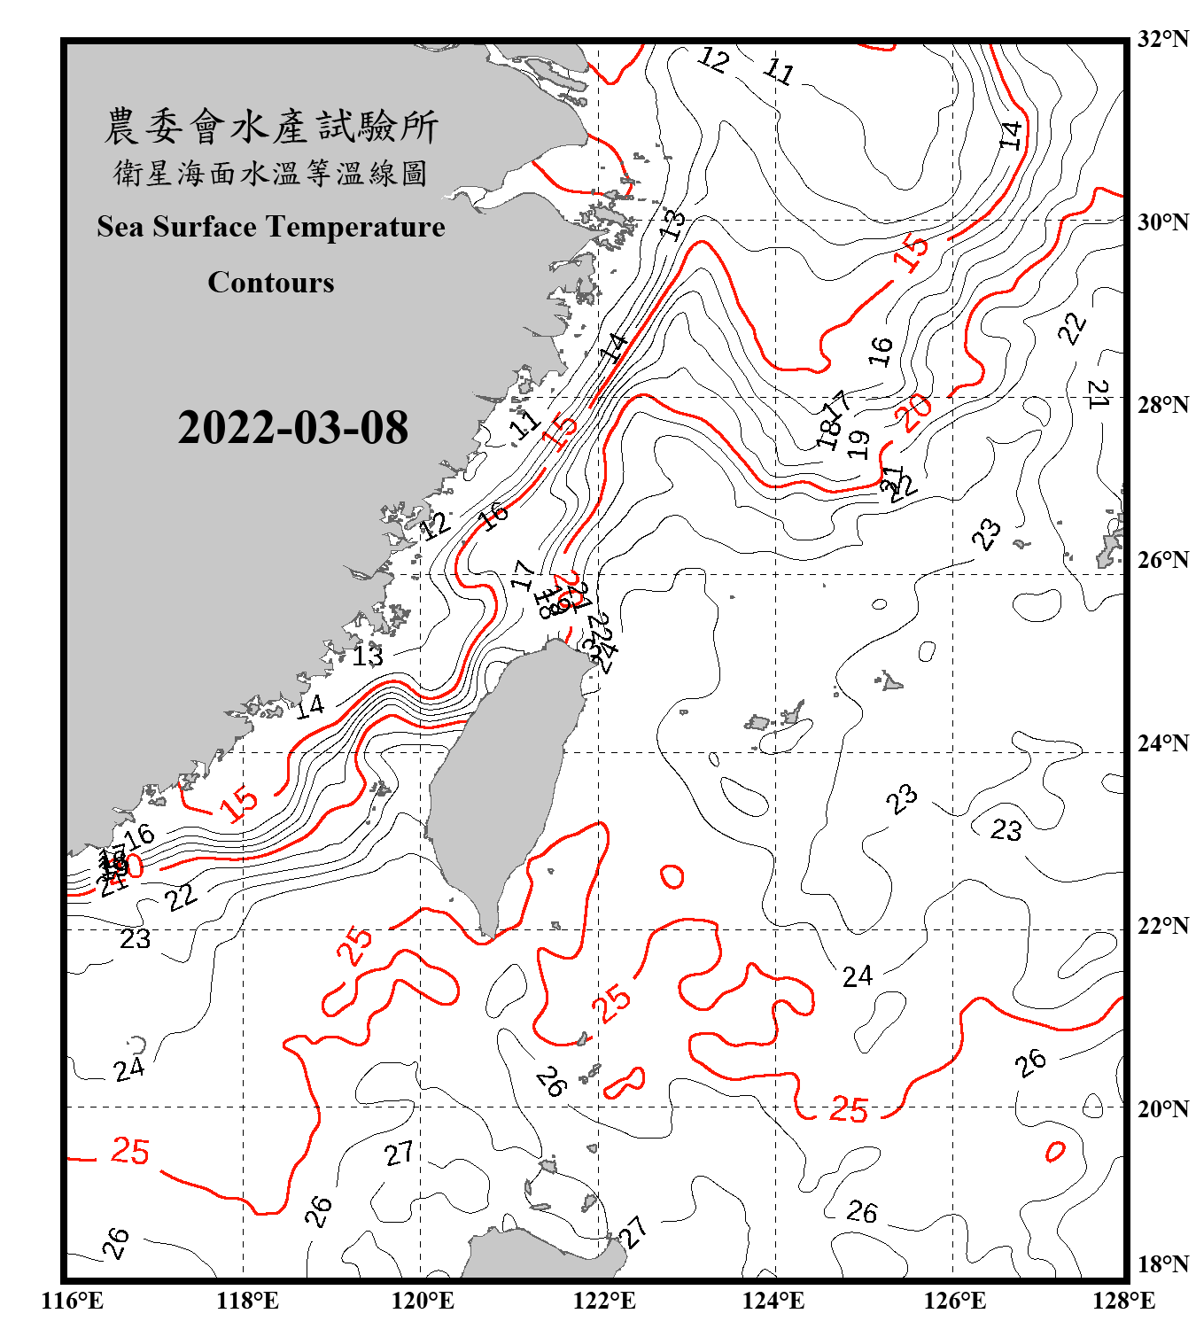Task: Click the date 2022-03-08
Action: (292, 427)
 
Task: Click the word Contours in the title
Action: (270, 283)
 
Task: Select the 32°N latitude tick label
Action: (1162, 39)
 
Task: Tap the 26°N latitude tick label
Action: (1162, 560)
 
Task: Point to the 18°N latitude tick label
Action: (1162, 1264)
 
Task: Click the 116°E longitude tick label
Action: (73, 1301)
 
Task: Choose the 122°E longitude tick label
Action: (604, 1301)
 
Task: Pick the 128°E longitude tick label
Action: (1123, 1301)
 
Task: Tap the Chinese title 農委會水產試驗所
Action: (270, 126)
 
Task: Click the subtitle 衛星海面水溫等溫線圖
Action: (270, 173)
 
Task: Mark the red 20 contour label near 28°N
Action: (913, 411)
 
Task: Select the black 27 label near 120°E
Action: (399, 1153)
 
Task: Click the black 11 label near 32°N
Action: (779, 70)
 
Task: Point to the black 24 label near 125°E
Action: (857, 976)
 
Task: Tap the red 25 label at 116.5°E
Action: (129, 1151)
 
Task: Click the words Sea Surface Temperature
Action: (270, 227)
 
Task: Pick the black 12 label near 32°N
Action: (713, 59)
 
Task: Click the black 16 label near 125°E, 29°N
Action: (880, 351)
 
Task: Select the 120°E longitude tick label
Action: (423, 1301)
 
